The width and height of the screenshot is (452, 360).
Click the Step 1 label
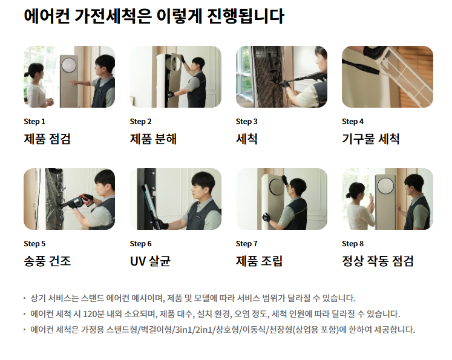click(x=34, y=122)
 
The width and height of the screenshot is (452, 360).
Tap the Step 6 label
click(x=140, y=244)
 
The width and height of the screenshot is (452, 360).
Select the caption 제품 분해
click(x=153, y=139)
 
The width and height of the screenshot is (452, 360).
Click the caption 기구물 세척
click(x=371, y=139)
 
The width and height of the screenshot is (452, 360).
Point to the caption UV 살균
click(x=150, y=261)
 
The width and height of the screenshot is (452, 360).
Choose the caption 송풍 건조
click(x=47, y=261)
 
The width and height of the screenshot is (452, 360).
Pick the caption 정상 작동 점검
click(x=378, y=261)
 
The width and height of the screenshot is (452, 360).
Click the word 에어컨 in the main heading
click(x=47, y=16)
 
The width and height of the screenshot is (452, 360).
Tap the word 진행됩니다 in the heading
click(x=246, y=16)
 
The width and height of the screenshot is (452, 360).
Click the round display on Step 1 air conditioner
click(x=68, y=65)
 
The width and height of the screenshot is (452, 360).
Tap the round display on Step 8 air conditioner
click(x=385, y=186)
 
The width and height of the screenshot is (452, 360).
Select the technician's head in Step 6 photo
click(x=203, y=185)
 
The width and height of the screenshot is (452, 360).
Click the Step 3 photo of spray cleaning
click(x=281, y=77)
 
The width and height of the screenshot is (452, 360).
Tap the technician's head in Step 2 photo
click(x=198, y=65)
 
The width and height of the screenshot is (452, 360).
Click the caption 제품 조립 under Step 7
click(x=259, y=261)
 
